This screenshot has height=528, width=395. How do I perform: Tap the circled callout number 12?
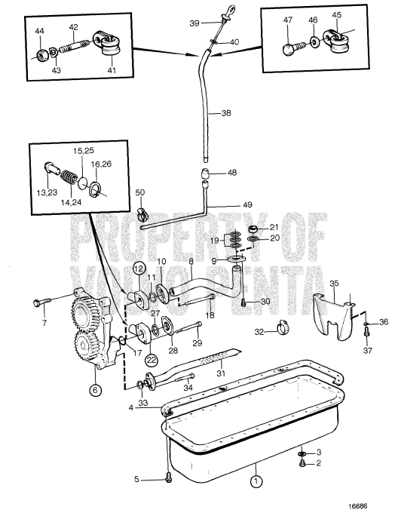tap(139, 268)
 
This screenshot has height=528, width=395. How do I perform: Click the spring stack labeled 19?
tap(235, 240)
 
